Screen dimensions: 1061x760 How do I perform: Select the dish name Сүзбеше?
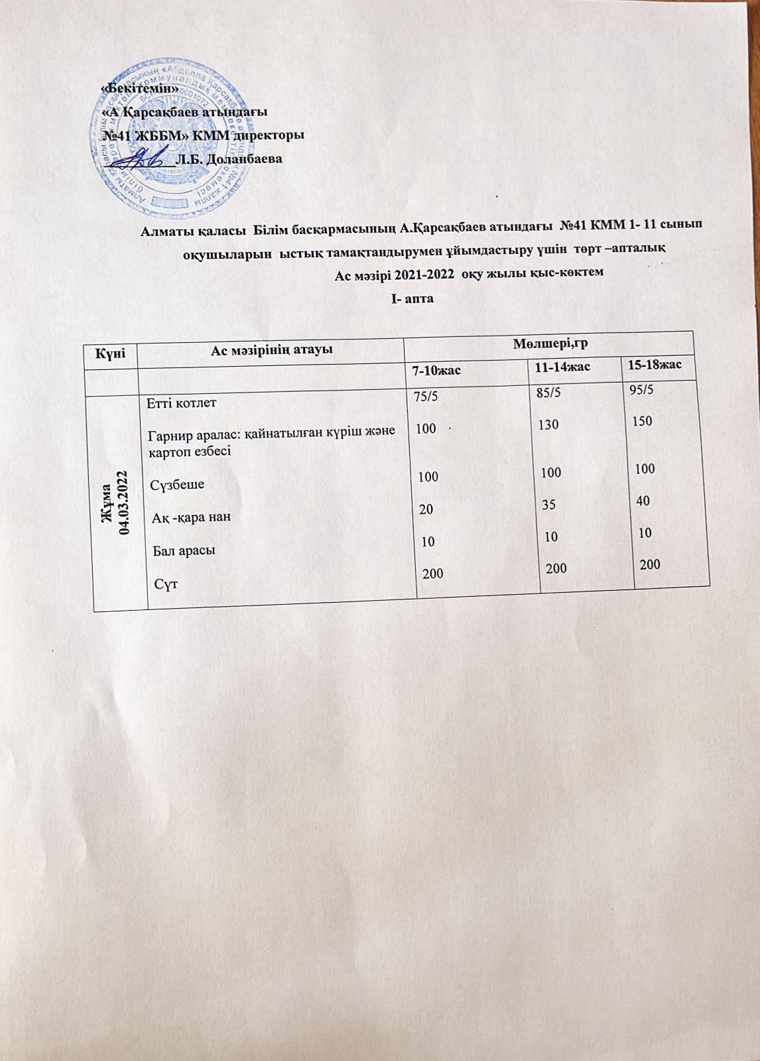pyautogui.click(x=177, y=484)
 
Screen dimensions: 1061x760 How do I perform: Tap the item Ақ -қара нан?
pyautogui.click(x=191, y=517)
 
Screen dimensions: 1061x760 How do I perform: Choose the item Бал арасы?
pyautogui.click(x=184, y=550)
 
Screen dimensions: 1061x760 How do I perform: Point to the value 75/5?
pyautogui.click(x=426, y=397)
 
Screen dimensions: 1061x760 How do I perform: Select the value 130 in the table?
pyautogui.click(x=548, y=425)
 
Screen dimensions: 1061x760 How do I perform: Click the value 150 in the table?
pyautogui.click(x=642, y=421)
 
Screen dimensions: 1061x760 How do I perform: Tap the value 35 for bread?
pyautogui.click(x=548, y=505)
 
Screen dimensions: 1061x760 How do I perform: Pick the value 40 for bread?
pyautogui.click(x=642, y=501)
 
